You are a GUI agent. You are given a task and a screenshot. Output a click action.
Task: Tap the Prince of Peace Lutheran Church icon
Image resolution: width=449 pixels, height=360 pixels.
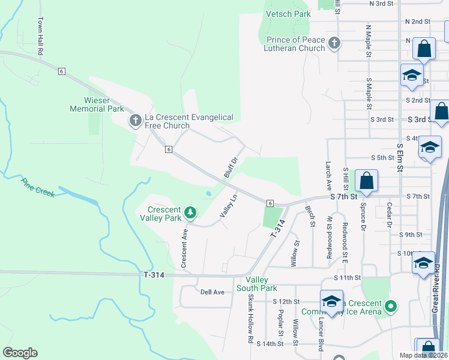[334, 43]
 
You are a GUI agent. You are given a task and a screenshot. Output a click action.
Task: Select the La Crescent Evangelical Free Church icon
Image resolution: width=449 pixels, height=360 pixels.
[135, 121]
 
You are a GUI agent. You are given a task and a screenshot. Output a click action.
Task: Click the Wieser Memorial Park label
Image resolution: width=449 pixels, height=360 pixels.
[97, 104]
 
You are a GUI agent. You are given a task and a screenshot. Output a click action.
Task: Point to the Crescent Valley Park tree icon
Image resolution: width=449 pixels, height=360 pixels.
[190, 212]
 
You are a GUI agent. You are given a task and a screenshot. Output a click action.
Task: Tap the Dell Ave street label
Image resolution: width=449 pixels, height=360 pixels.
[212, 292]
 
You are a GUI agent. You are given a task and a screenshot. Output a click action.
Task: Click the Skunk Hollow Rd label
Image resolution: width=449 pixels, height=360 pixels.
[250, 323]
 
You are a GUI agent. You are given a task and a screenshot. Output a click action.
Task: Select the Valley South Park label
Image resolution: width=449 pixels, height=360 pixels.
[260, 284]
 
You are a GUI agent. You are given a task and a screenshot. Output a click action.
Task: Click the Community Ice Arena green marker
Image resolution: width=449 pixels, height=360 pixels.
[391, 307]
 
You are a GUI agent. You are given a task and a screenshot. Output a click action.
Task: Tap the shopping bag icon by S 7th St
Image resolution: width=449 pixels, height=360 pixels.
[366, 181]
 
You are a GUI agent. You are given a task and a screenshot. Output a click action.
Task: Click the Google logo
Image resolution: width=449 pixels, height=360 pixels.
[20, 352]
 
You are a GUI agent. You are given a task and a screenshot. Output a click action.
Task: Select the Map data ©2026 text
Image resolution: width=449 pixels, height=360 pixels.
[423, 355]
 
